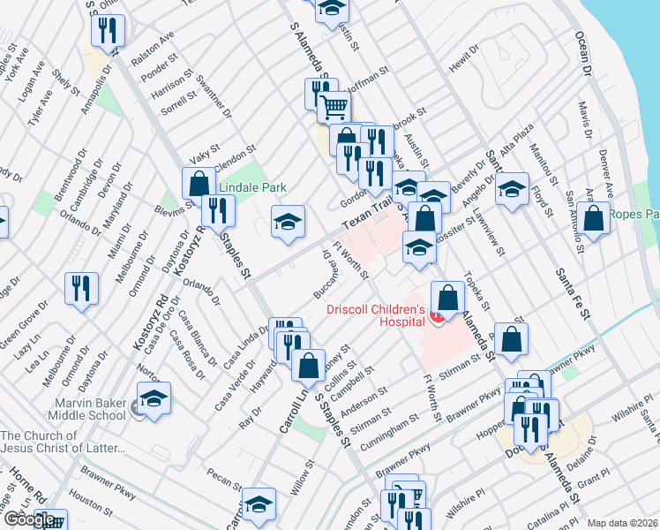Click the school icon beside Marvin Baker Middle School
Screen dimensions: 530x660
point(154,399)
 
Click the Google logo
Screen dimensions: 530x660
point(30,519)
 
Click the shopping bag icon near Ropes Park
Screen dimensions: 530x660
point(595,219)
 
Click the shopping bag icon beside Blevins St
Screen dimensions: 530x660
point(199,184)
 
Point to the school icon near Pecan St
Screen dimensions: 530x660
point(259,504)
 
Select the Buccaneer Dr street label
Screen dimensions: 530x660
point(325,272)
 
